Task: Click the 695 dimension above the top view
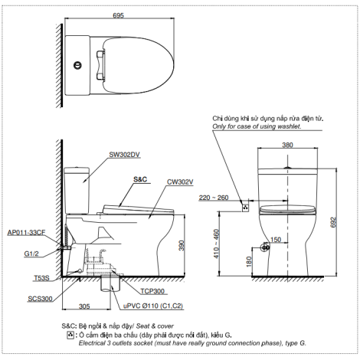pos(118,15)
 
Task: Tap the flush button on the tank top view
pos(77,65)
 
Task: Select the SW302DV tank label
pos(124,155)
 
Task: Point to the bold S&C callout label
pos(140,179)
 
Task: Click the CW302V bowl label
pos(180,182)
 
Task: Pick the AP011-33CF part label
pos(26,232)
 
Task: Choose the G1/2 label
pos(31,254)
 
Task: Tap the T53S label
pos(41,278)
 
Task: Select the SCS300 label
pos(40,299)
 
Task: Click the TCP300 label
pos(152,291)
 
